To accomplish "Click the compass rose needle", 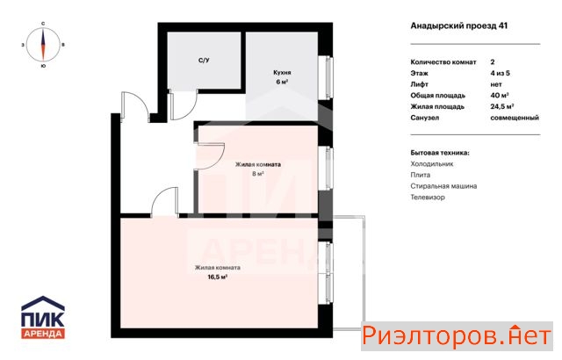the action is (43, 45).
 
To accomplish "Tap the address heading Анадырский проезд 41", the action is (458, 25).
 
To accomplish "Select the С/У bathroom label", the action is (204, 61).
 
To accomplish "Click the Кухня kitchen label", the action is (282, 72).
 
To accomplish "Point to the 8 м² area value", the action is (258, 174).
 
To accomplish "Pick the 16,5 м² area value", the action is (218, 277).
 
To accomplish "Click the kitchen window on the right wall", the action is (329, 77).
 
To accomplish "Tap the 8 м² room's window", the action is (329, 168).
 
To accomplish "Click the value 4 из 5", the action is (500, 73).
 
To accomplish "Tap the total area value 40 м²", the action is (500, 96).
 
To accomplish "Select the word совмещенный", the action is (515, 118).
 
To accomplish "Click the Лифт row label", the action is (420, 84).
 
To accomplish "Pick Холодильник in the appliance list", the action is (432, 164).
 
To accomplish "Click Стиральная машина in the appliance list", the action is (443, 186).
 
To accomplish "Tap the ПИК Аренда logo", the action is (43, 317).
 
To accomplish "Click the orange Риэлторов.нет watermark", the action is (457, 336).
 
